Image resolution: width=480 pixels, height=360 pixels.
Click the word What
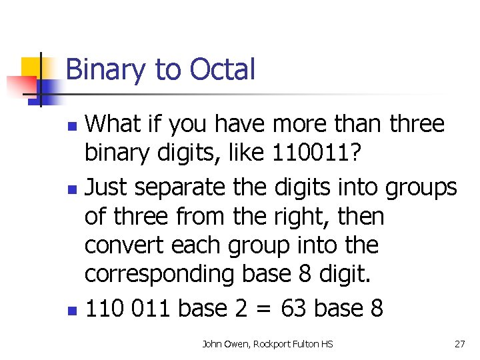coord(113,124)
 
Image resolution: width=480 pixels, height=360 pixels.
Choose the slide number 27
coord(460,344)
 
